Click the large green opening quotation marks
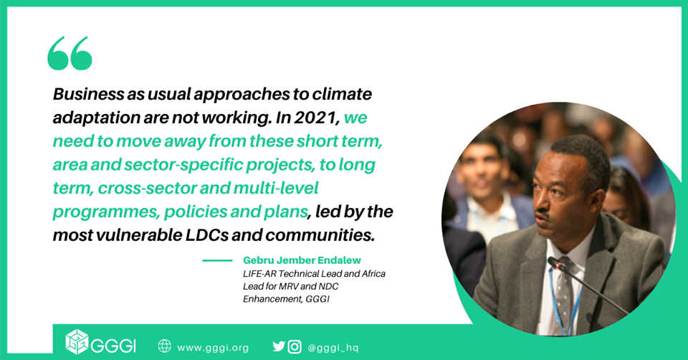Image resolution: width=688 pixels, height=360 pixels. pyautogui.click(x=70, y=53)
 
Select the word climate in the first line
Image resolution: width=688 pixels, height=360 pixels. pyautogui.click(x=342, y=94)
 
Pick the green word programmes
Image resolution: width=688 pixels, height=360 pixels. pyautogui.click(x=106, y=212)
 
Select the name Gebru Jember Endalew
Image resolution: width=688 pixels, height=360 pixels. pyautogui.click(x=302, y=260)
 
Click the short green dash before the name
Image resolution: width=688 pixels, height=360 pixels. pyautogui.click(x=217, y=260)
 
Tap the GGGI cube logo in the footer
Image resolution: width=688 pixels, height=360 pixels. pyautogui.click(x=77, y=341)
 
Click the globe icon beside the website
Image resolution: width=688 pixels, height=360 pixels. pyautogui.click(x=165, y=346)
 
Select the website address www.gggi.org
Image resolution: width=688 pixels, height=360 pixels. pyautogui.click(x=213, y=348)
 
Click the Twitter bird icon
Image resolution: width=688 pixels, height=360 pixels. pyautogui.click(x=279, y=346)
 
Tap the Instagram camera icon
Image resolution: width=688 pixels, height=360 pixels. pyautogui.click(x=295, y=347)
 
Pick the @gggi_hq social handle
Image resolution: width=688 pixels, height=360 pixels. pyautogui.click(x=333, y=348)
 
